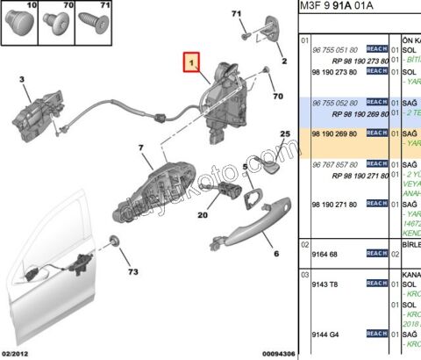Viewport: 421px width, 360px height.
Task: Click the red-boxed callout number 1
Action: click(191, 62)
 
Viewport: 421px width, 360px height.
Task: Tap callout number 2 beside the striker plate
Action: click(283, 61)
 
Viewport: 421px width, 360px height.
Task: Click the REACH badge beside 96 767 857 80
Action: click(376, 163)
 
